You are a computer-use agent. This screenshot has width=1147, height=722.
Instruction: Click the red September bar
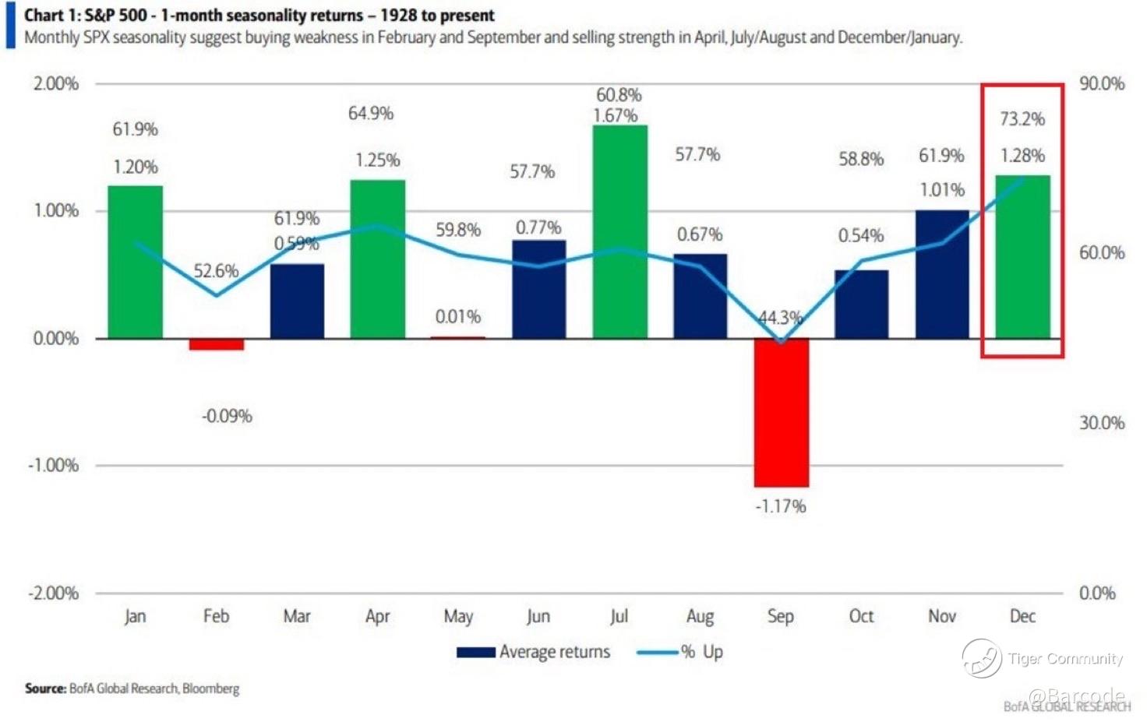pos(781,413)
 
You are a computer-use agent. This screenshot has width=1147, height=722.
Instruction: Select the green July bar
pos(619,232)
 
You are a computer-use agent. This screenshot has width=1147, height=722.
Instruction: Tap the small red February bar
pos(217,344)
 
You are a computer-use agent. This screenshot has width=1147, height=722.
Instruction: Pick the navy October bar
pos(861,305)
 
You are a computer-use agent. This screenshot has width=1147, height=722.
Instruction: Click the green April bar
pos(378,259)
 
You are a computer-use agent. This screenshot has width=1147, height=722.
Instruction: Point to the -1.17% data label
pos(781,506)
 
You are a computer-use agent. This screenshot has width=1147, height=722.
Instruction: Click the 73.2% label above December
pos(1022,119)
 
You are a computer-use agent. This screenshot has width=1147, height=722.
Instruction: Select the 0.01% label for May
pos(457,317)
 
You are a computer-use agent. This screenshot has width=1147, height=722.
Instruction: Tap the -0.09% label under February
pos(227,416)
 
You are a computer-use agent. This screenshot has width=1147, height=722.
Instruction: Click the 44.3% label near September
pos(780,318)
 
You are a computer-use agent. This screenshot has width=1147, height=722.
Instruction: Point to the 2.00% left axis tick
pos(55,84)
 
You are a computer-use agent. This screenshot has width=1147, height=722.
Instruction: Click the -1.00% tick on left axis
pos(54,466)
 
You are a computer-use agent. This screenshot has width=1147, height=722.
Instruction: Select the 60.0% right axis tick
pos(1102,252)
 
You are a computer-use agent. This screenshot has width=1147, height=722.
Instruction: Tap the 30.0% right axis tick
pos(1102,423)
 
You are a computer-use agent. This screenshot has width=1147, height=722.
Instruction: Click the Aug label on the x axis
pos(700,617)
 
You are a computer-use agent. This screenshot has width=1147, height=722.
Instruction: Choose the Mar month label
pos(297,617)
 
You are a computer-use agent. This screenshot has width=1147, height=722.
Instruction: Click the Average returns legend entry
pos(534,652)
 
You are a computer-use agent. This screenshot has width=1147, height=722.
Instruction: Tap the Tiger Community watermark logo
pos(982,658)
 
